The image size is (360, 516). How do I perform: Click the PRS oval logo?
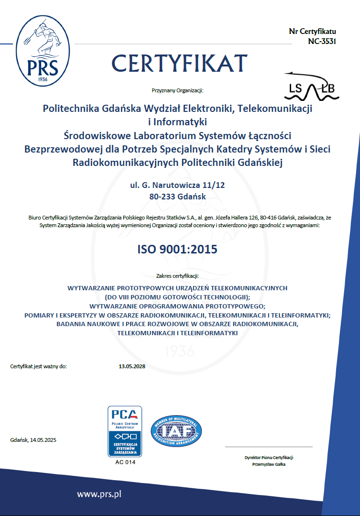(x=44, y=50)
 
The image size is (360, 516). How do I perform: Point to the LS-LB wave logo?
(x=311, y=87)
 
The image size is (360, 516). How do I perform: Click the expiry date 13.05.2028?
(x=132, y=367)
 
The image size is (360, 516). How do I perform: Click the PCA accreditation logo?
(x=124, y=431)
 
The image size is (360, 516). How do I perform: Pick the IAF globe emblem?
(x=176, y=431)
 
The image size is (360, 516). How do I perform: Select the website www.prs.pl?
(x=98, y=494)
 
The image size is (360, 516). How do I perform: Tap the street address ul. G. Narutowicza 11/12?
(x=177, y=184)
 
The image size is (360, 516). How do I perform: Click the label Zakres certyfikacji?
(x=177, y=276)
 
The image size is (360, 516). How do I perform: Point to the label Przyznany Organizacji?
(x=177, y=90)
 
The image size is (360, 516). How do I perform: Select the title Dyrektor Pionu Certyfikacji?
(x=268, y=458)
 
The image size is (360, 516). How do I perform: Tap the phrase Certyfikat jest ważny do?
(x=39, y=367)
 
